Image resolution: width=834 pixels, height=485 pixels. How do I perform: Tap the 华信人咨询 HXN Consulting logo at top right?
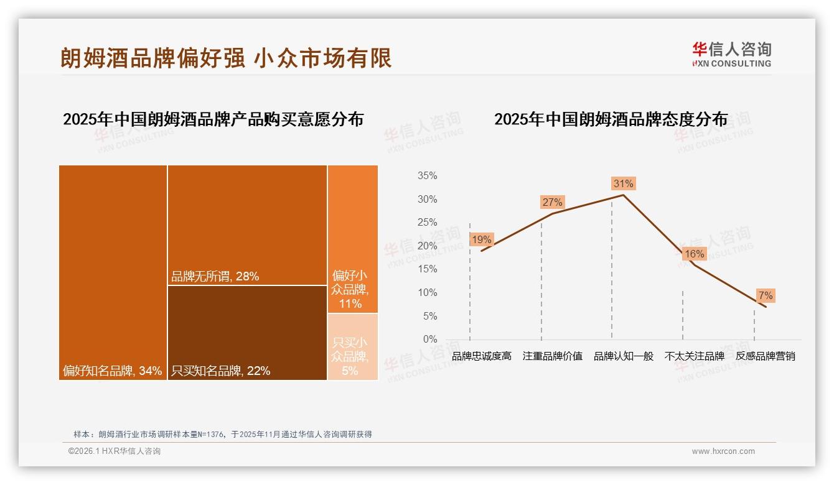(x=731, y=54)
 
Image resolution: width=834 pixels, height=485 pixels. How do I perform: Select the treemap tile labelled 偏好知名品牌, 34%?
(x=113, y=272)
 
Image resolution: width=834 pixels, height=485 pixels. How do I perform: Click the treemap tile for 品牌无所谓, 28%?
(x=247, y=224)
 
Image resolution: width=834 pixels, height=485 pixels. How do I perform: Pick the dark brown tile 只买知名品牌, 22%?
(x=247, y=332)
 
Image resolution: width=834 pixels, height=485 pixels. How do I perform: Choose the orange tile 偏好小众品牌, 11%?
(x=352, y=239)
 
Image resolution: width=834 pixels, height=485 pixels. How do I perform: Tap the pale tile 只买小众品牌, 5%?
(x=352, y=346)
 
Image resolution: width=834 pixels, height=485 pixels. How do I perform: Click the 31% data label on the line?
(x=623, y=183)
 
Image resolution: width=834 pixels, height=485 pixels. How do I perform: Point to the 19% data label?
(x=481, y=239)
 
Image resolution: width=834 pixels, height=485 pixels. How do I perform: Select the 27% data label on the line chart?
(x=552, y=202)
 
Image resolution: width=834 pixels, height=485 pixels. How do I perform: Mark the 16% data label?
(x=694, y=254)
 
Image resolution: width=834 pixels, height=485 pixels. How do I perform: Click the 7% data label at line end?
(x=765, y=295)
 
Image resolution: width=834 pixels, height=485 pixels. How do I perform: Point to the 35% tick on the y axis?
(x=427, y=176)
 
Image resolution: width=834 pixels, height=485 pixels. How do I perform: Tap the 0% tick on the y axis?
(x=429, y=339)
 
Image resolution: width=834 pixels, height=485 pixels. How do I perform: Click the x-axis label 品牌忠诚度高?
(x=481, y=356)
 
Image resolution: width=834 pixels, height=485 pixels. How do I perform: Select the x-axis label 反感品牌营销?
(x=765, y=356)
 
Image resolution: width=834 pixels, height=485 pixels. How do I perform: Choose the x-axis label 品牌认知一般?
(x=623, y=356)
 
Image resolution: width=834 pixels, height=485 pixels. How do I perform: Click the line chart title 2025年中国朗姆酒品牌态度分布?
(x=611, y=119)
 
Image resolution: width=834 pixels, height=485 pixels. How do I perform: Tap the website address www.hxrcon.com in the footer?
(x=723, y=451)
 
